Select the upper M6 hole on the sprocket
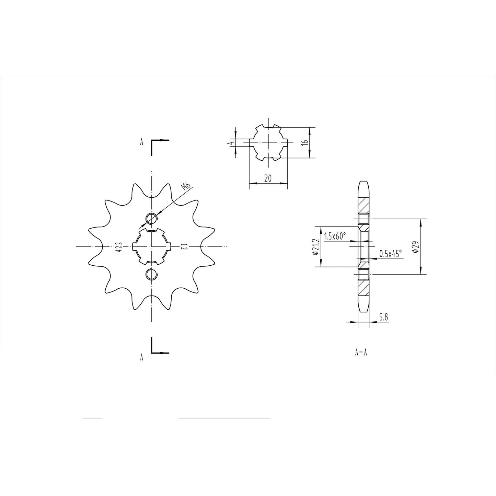tap(151, 218)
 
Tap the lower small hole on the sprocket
tap(151, 274)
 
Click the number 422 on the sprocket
tap(118, 246)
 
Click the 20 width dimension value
tap(268, 178)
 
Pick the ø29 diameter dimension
tap(415, 247)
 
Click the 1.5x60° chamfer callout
tap(335, 236)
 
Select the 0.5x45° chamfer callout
tap(390, 254)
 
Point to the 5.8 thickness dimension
tap(384, 317)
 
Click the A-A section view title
tap(361, 352)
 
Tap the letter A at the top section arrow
tap(141, 142)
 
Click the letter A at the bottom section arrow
tap(141, 358)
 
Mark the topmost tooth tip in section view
tap(364, 182)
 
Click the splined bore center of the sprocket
tap(151, 246)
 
